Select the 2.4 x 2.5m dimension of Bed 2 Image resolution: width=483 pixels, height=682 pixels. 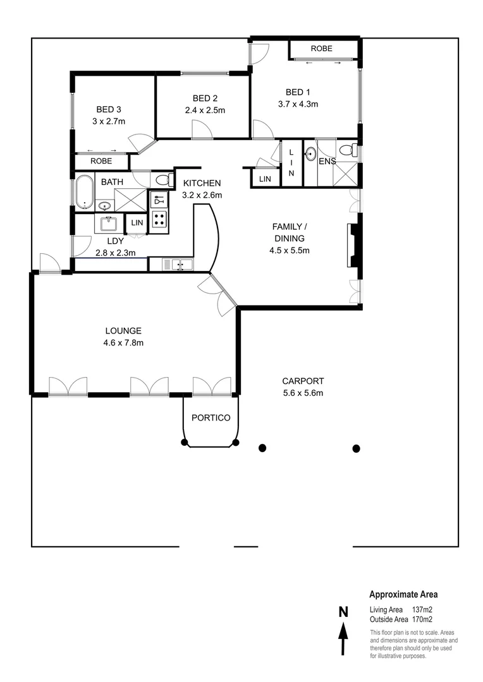(x=205, y=110)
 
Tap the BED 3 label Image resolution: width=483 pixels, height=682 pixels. (x=107, y=108)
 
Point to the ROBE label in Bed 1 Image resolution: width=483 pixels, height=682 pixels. (x=321, y=49)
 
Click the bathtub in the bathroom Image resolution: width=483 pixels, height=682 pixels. (x=83, y=193)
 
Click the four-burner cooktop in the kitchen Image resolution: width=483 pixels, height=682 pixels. (x=159, y=219)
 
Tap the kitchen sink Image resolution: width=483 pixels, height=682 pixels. (x=178, y=264)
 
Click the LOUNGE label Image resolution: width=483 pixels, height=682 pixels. (x=123, y=330)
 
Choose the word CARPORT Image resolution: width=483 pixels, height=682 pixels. (x=303, y=381)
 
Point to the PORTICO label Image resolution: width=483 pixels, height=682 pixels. (x=211, y=417)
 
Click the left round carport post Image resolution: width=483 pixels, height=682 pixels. (x=262, y=448)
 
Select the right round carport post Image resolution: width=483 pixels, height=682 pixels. (x=356, y=448)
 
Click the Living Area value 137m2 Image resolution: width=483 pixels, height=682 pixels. (x=422, y=610)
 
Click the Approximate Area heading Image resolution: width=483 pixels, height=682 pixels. (x=403, y=594)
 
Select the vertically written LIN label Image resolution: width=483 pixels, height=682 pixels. (x=291, y=162)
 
